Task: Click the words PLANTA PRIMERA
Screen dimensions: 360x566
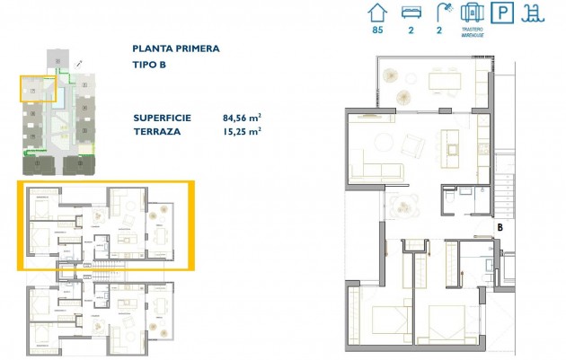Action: pos(175,49)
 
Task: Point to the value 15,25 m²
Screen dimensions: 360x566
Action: pos(242,130)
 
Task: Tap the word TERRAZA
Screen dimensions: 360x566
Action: pos(156,130)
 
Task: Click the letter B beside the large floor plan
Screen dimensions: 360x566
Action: pos(499,228)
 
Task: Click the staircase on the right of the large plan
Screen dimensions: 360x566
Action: pos(506,194)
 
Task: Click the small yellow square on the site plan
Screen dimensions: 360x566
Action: pos(38,88)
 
